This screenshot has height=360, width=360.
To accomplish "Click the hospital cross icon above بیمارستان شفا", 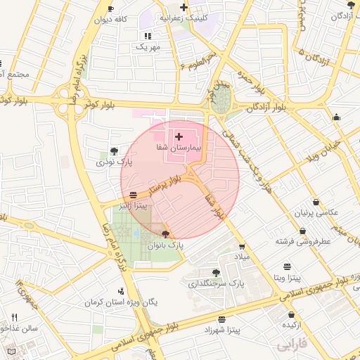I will click(179, 136).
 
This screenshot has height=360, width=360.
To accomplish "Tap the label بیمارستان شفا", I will click(179, 149).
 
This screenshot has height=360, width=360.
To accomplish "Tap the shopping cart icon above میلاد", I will click(243, 247).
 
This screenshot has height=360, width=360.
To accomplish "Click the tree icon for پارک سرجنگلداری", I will click(216, 273).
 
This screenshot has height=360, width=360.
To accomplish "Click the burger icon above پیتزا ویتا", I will click(288, 266).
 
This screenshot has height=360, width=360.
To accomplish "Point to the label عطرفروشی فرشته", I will click(303, 241).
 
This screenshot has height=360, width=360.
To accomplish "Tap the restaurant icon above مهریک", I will click(148, 35).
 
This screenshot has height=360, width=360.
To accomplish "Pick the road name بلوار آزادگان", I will click(266, 106).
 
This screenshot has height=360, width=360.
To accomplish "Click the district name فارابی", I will click(292, 345).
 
